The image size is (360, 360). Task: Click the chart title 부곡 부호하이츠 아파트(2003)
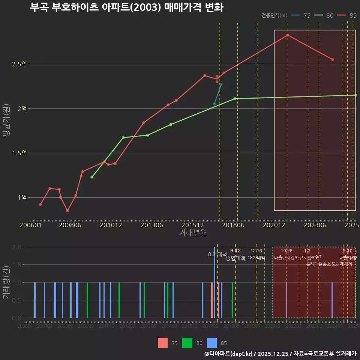click(x=126, y=7)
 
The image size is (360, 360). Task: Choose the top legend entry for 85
click(x=347, y=15)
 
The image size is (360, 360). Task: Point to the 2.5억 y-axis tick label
click(x=19, y=64)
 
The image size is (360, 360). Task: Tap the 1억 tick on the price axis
click(x=21, y=198)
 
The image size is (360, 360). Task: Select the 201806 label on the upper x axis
click(x=233, y=225)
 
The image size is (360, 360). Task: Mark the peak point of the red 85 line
click(x=288, y=35)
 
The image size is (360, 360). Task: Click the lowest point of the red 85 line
click(x=67, y=211)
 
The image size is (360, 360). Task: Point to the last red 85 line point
click(x=333, y=60)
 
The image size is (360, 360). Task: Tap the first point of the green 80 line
click(x=92, y=177)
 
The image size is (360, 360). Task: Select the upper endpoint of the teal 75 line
click(x=221, y=84)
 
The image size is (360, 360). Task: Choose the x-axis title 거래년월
click(x=193, y=232)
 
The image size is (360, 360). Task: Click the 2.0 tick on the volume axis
click(x=16, y=247)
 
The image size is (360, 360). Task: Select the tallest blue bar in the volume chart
click(x=214, y=282)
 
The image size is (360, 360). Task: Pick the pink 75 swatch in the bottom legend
click(x=163, y=343)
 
